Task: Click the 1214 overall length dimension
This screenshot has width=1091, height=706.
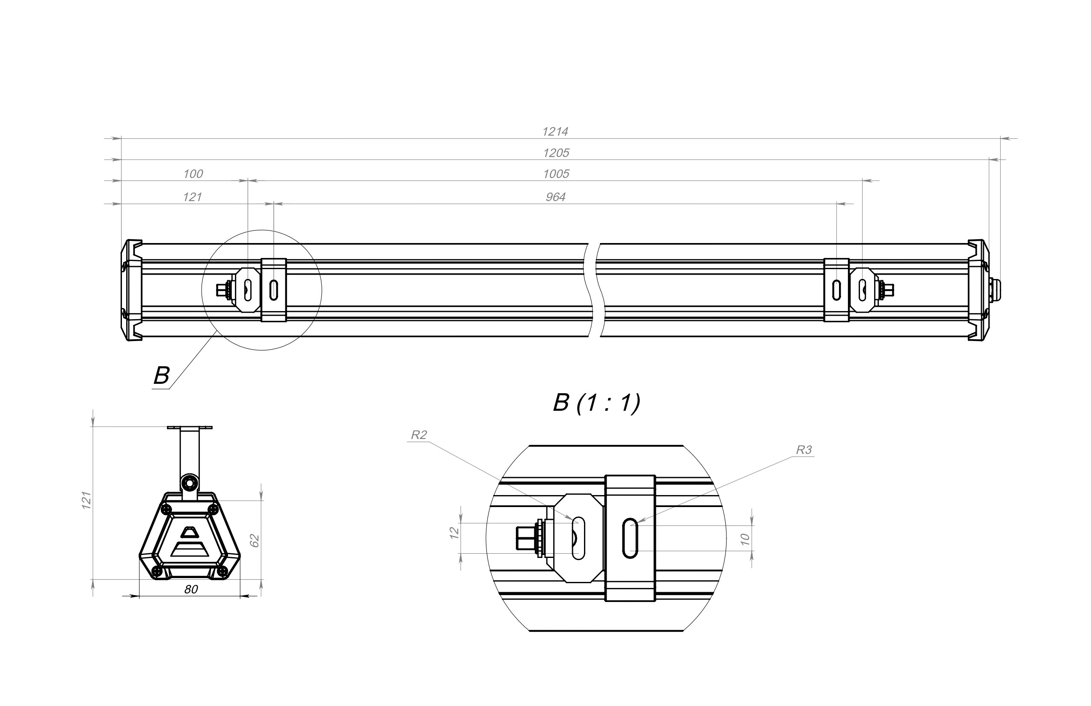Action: (555, 132)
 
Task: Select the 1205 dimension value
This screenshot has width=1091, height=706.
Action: (556, 153)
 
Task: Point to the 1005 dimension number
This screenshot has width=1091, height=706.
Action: (556, 174)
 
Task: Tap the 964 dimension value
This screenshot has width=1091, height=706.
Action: (556, 197)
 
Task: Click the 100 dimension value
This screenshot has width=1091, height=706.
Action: (193, 174)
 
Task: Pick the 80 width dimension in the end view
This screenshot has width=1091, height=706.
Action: (191, 590)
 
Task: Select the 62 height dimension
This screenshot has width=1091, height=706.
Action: (255, 540)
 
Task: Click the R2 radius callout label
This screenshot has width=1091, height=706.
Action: (418, 435)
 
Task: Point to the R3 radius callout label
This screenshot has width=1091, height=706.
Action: (803, 450)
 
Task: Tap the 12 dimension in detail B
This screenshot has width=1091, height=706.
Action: (454, 533)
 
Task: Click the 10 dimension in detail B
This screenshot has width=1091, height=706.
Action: (745, 539)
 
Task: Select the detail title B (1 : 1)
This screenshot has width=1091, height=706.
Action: (596, 403)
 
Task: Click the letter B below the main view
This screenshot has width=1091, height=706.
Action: (161, 376)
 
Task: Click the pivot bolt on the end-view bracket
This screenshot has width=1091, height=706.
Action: (189, 483)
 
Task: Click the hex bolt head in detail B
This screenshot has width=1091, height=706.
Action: (527, 538)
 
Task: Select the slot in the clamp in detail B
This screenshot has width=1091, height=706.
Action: (630, 538)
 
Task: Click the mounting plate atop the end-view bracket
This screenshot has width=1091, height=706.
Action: (190, 427)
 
